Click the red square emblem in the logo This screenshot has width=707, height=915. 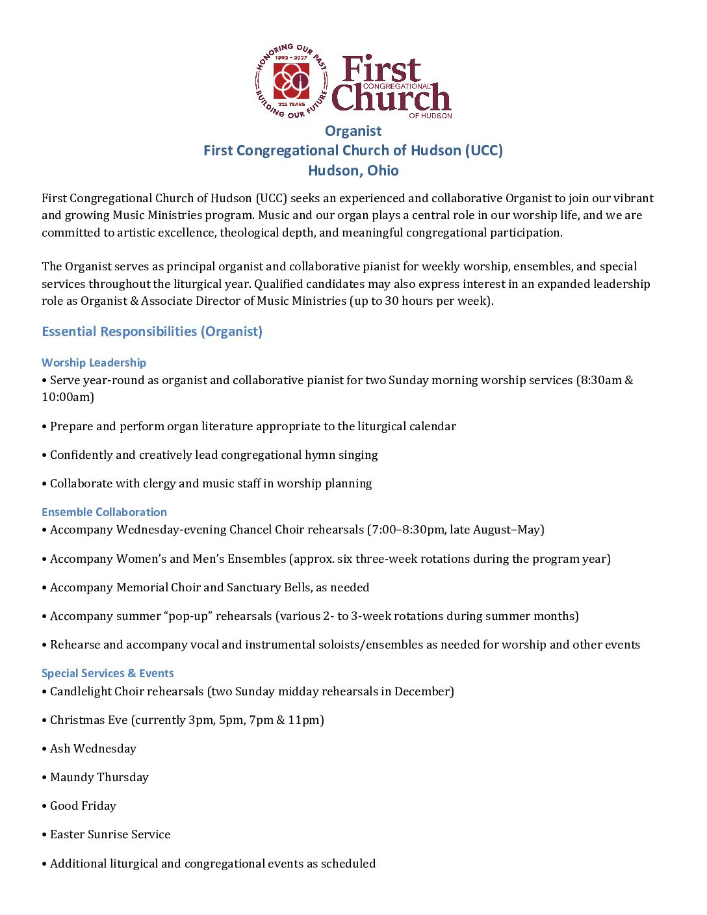pyautogui.click(x=291, y=81)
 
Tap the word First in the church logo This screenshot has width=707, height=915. pyautogui.click(x=381, y=70)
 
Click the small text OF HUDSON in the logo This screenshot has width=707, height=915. pyautogui.click(x=430, y=116)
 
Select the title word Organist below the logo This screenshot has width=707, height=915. pyautogui.click(x=353, y=131)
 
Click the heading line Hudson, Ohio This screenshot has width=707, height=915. pyautogui.click(x=353, y=170)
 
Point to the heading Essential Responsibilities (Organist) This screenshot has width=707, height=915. pyautogui.click(x=152, y=331)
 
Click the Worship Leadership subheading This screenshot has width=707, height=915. pyautogui.click(x=94, y=363)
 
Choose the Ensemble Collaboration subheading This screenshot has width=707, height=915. pyautogui.click(x=104, y=512)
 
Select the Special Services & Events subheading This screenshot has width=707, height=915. pyautogui.click(x=107, y=673)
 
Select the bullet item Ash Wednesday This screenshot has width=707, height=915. pyautogui.click(x=93, y=749)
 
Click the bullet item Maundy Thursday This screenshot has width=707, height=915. pyautogui.click(x=99, y=777)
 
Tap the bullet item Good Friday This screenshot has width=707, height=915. pyautogui.click(x=83, y=806)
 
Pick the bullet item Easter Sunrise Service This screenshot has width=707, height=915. pyautogui.click(x=110, y=834)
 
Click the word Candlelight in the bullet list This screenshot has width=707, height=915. pyautogui.click(x=81, y=691)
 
